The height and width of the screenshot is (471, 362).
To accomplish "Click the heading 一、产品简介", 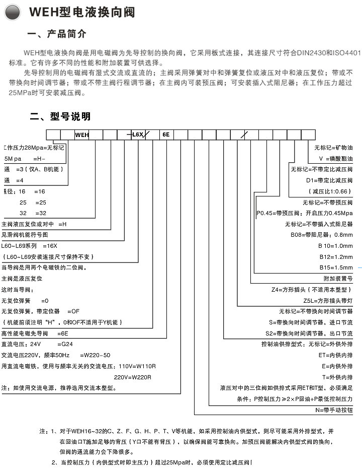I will [57, 34].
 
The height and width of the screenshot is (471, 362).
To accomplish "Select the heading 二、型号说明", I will [60, 116].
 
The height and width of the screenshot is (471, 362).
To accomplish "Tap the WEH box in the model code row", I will [81, 134].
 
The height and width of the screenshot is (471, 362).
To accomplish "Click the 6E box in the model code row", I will [166, 134].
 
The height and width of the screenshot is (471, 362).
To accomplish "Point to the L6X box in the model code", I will [138, 134].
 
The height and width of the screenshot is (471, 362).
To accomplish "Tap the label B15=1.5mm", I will [335, 267].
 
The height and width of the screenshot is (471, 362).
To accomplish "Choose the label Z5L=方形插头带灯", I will [325, 300].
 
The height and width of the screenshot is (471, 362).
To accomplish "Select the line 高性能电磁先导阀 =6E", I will [35, 333].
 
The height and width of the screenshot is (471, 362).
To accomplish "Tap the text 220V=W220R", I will [132, 377].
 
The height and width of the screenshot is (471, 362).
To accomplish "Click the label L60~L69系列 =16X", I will [30, 246].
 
